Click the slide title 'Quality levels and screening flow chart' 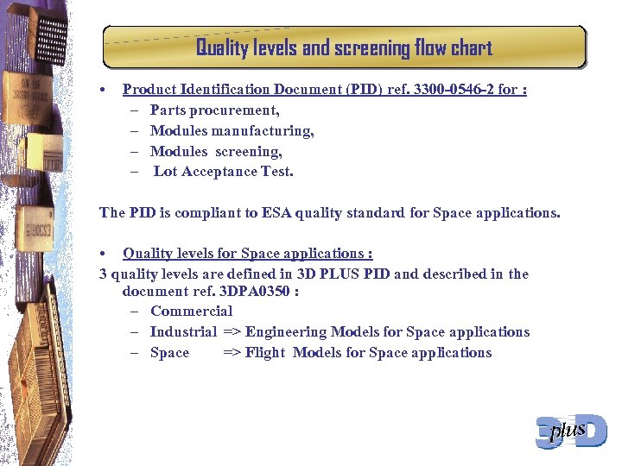344,47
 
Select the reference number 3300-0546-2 448,90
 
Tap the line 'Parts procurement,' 214,110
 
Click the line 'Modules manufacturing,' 232,131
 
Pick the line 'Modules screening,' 216,152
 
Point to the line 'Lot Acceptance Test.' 223,172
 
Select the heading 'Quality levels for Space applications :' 247,254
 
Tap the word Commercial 191,312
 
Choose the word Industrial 183,332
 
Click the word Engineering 286,332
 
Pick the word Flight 264,353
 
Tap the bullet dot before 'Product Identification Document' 103,90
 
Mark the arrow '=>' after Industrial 232,332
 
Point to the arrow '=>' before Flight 232,353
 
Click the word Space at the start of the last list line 169,353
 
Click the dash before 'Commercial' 137,312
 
